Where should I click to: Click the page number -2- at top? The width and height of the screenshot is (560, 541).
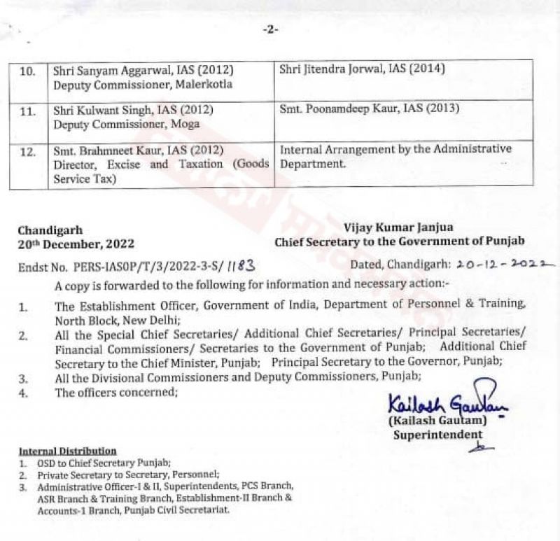tap(270, 29)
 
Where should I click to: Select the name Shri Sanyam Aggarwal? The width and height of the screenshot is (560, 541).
tap(112, 71)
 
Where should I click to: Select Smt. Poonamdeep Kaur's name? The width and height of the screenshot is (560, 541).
tap(339, 108)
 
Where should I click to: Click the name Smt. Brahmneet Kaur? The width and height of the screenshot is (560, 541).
tap(109, 150)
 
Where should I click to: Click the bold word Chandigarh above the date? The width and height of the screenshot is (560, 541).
tap(50, 230)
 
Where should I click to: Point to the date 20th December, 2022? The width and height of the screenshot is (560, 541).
tap(76, 244)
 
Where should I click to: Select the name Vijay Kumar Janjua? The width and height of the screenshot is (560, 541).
tap(398, 227)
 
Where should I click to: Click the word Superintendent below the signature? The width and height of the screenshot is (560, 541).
tap(437, 435)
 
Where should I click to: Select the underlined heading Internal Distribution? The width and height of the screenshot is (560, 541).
tap(67, 451)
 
